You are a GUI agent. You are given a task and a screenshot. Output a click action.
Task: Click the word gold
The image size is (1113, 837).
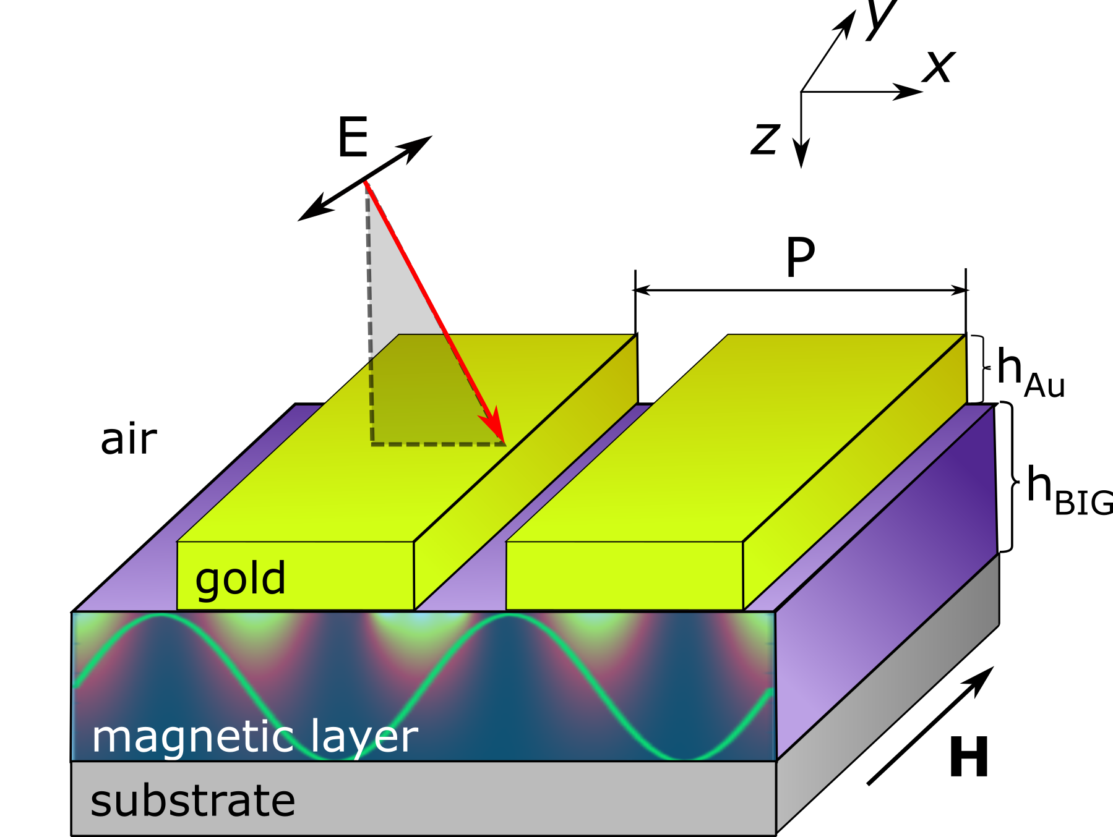point(240,579)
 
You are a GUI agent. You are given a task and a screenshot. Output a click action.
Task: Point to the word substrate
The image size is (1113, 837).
point(192,801)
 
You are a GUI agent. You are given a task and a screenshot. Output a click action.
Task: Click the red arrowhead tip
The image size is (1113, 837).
point(504,443)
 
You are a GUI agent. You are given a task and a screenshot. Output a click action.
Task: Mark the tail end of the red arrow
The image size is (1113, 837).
point(366,182)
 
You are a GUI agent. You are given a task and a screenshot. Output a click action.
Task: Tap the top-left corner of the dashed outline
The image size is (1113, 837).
point(371,361)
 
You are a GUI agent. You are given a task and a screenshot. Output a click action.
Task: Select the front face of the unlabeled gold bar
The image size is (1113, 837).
point(624,576)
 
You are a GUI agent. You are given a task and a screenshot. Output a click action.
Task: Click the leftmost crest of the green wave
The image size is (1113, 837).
point(162,616)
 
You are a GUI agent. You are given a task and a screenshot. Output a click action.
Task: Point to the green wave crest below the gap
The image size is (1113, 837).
point(509,616)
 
